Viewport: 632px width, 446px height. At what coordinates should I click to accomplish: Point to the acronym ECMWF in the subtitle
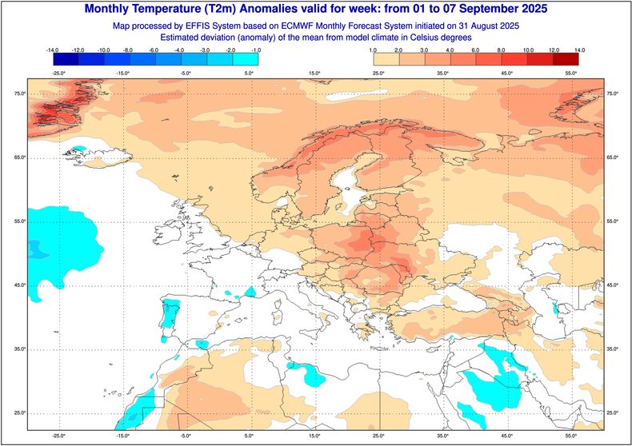(318, 26)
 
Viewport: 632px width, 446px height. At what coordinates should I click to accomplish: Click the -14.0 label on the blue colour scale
(54, 50)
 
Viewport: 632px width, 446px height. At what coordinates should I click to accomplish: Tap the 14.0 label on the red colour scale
(578, 50)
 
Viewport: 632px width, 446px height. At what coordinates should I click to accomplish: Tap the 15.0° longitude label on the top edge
(314, 74)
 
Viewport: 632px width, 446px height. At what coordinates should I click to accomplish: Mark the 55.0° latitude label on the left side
(18, 221)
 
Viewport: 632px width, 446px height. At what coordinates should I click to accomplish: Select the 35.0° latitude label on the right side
(614, 349)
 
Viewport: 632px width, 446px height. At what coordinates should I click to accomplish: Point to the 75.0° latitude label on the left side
(18, 94)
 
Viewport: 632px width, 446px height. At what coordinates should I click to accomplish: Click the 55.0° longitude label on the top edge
(570, 74)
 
